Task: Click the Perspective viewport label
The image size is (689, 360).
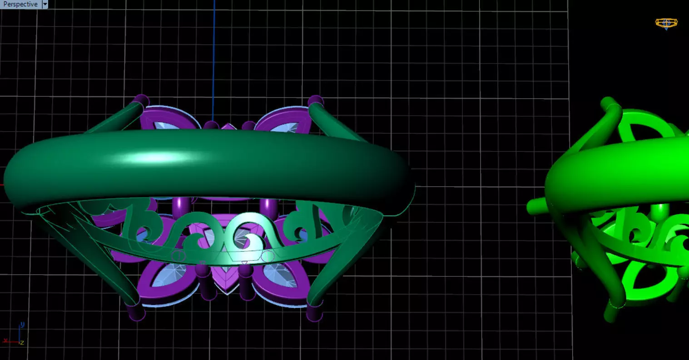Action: pos(20,4)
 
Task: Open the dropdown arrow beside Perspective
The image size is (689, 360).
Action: pos(45,4)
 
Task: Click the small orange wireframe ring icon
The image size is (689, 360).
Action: pos(666,23)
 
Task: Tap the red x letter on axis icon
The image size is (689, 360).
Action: pos(5,340)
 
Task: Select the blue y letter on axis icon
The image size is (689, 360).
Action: pos(22,325)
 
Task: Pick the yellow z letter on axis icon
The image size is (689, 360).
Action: pos(22,343)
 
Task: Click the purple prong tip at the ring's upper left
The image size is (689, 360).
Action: pos(142,100)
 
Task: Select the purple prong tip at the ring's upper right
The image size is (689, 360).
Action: pos(315,101)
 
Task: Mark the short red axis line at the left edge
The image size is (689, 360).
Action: pos(2,185)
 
